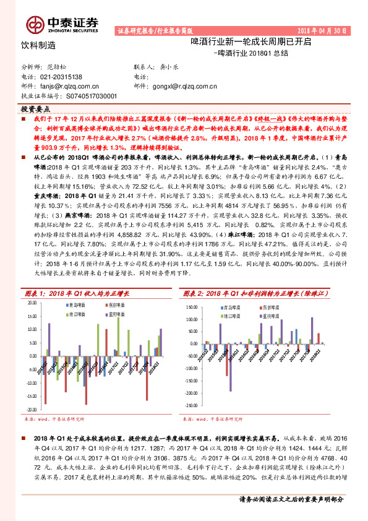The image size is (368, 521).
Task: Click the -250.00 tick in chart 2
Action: pos(192,408)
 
